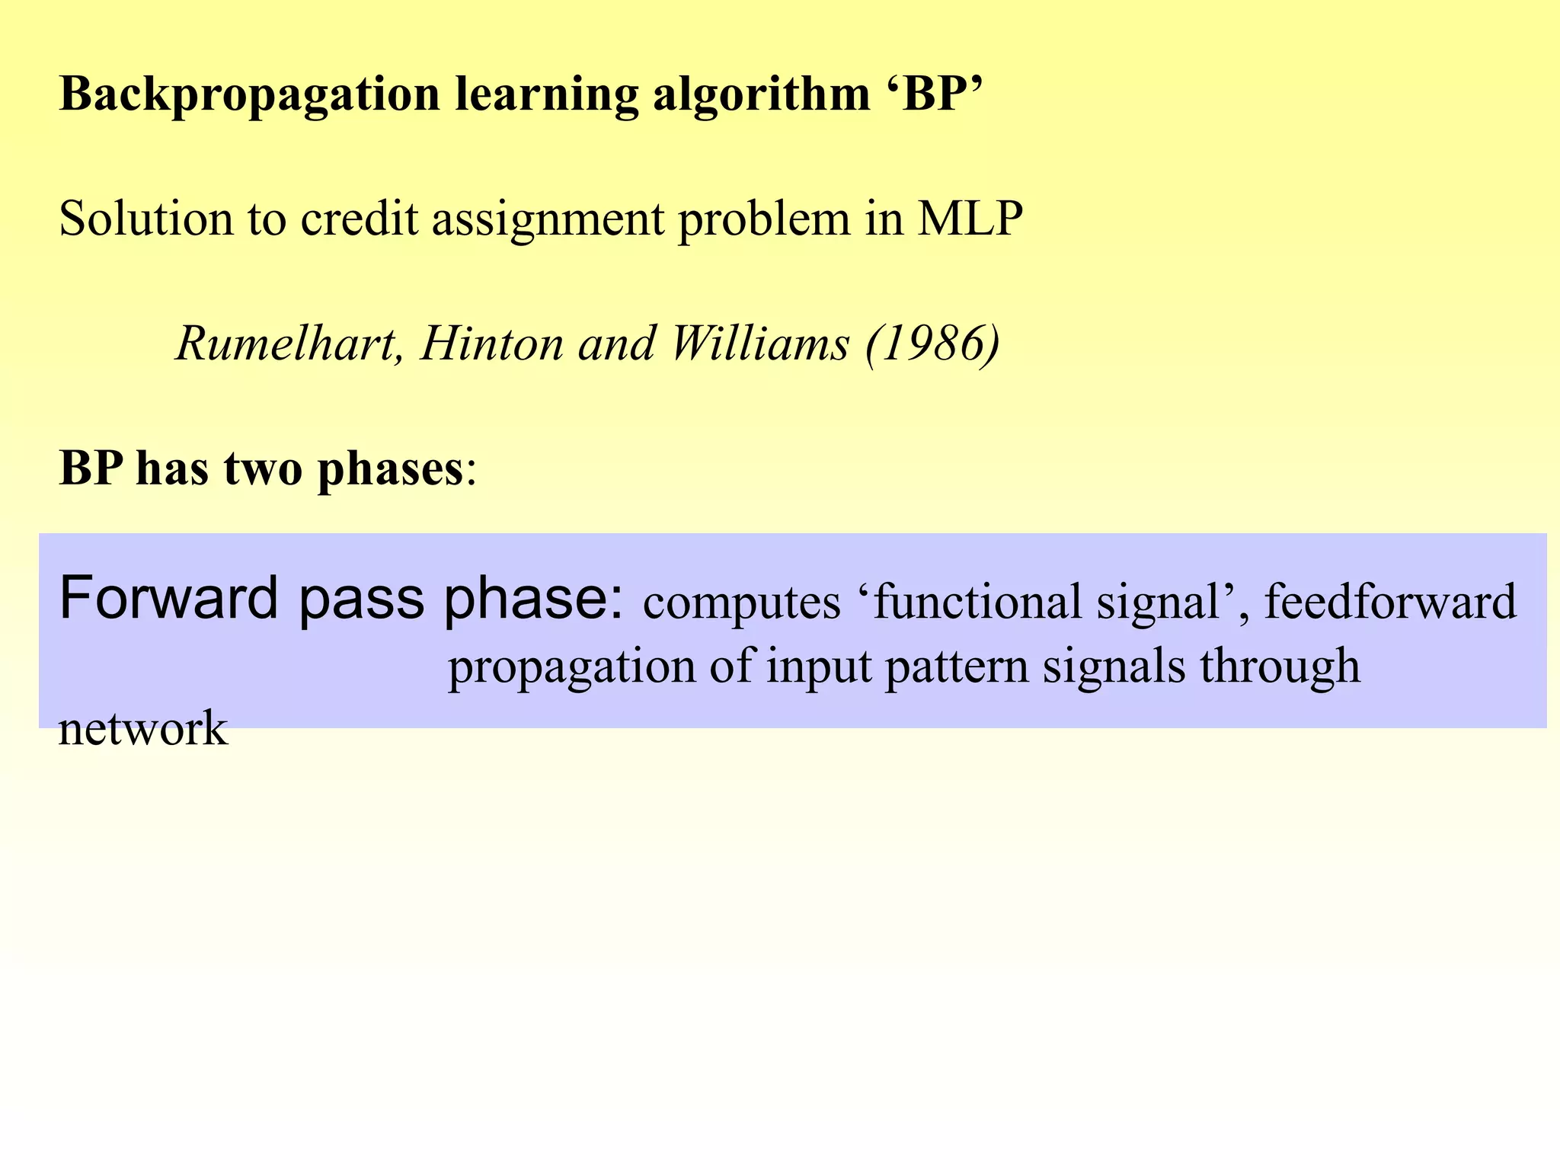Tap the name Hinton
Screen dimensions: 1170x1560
(492, 344)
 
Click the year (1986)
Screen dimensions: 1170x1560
(933, 344)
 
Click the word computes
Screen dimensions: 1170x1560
(741, 603)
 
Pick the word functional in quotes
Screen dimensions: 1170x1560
(978, 601)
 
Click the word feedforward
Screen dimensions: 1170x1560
(1390, 601)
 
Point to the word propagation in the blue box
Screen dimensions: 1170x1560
(571, 667)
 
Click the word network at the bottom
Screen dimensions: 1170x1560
(143, 729)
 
